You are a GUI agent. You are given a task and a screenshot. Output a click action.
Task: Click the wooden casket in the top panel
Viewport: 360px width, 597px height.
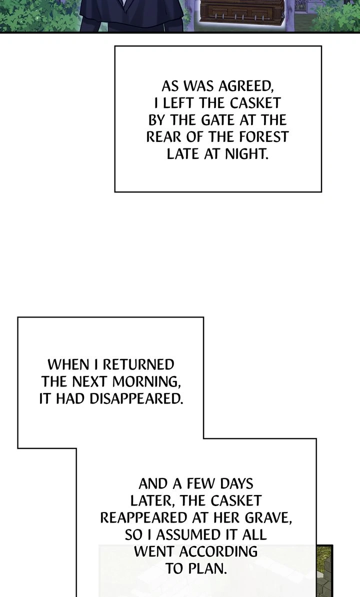242,10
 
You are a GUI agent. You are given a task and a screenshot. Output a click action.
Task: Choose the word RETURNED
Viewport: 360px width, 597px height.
138,364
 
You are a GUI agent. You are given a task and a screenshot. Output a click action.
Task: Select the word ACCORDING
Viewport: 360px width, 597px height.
218,551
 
